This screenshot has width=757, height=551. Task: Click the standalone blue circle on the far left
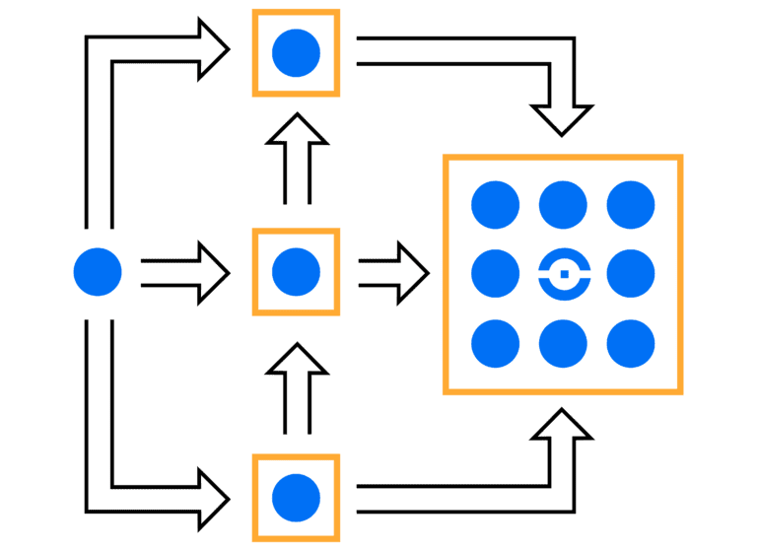(x=98, y=272)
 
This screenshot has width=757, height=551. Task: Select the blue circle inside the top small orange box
(x=296, y=53)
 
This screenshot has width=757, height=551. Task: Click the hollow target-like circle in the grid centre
(x=563, y=273)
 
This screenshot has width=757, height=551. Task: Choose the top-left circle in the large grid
(x=495, y=205)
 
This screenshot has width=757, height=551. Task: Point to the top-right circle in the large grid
(x=631, y=205)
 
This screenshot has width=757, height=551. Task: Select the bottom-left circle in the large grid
(x=495, y=343)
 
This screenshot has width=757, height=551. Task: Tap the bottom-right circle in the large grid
(x=631, y=343)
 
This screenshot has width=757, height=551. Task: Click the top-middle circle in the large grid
(x=563, y=205)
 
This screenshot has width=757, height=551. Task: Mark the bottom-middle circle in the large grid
(x=563, y=343)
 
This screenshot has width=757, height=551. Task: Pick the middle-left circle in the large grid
(x=495, y=273)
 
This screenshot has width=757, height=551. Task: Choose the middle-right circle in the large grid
(x=631, y=273)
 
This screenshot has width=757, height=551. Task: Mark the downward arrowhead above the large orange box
(x=563, y=118)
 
